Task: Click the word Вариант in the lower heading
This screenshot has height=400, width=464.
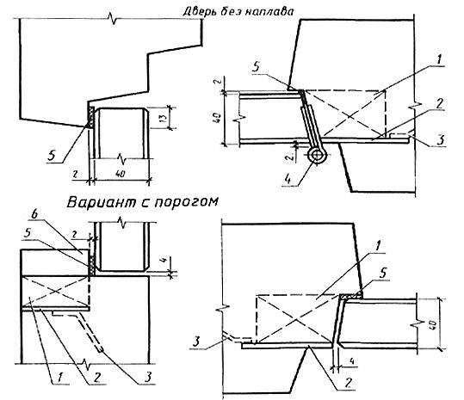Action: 101,202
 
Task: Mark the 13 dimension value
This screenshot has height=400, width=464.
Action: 164,118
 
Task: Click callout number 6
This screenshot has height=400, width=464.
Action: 35,215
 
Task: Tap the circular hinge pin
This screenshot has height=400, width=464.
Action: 317,155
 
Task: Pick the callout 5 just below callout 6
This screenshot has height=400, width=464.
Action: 28,233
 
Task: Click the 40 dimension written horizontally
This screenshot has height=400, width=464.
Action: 121,174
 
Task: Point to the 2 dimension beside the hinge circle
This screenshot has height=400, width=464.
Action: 292,156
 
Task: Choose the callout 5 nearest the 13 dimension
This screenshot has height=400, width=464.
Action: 52,156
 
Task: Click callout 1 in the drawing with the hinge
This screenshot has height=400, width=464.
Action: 438,60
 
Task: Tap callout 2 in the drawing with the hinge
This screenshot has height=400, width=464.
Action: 439,104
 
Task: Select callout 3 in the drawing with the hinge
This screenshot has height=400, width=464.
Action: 441,139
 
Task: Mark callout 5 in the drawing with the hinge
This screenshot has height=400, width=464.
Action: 257,66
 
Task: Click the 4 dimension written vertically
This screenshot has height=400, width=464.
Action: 165,261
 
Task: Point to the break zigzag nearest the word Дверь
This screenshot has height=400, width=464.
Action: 113,20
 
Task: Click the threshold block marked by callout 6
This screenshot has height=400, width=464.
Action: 55,262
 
